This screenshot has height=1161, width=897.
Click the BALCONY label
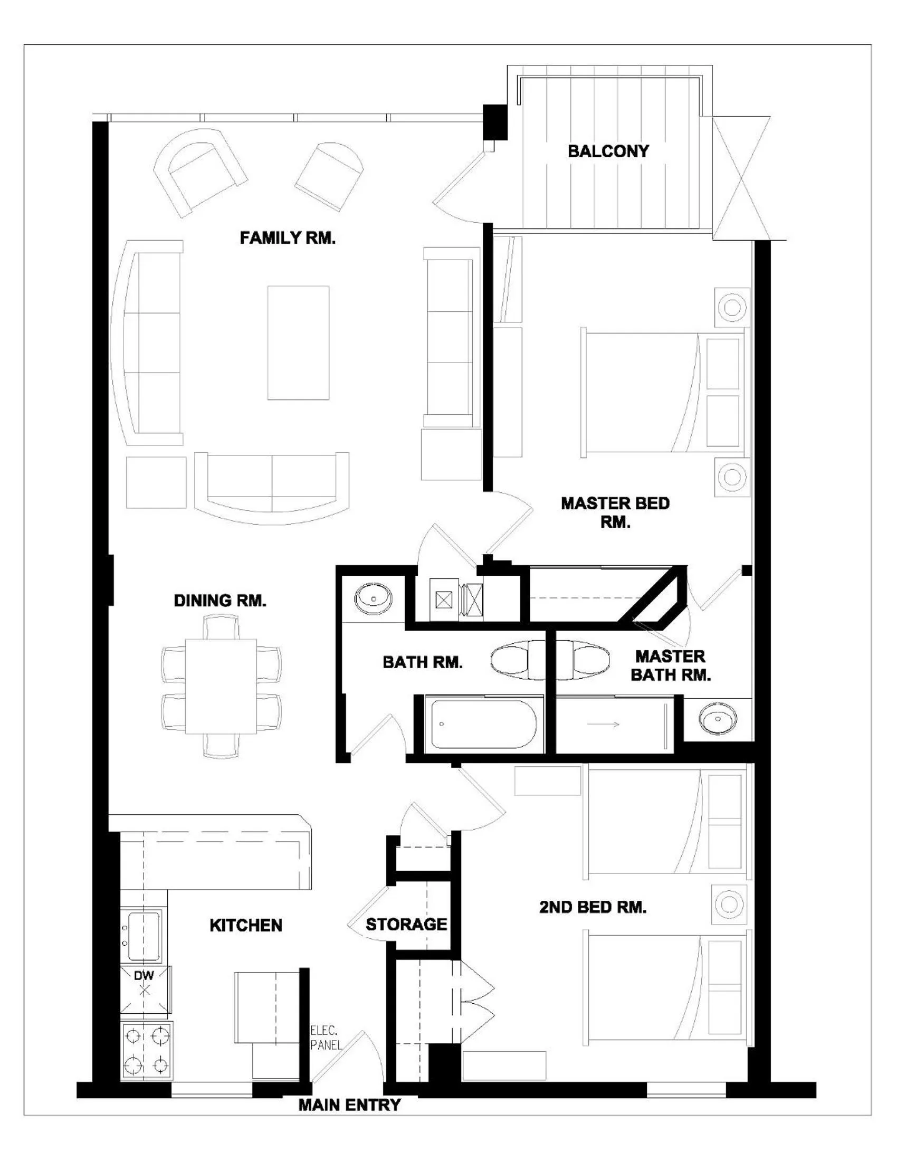608,151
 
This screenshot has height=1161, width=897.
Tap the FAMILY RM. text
288,237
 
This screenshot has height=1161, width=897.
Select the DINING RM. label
220,601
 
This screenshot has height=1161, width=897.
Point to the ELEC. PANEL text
325,1037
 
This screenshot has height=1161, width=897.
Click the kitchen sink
144,936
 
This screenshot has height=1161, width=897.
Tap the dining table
221,686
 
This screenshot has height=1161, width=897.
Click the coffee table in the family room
298,343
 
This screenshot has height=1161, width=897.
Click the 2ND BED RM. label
593,908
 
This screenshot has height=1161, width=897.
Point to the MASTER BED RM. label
615,512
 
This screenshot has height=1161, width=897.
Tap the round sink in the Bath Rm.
374,598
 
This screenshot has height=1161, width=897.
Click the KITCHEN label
245,926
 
